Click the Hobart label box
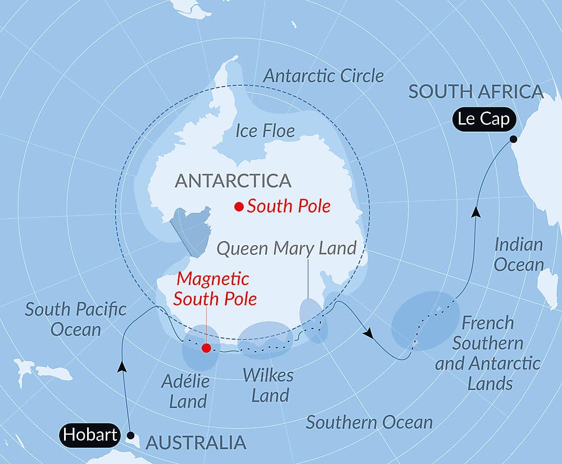pyautogui.click(x=90, y=435)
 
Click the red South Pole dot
pyautogui.click(x=239, y=207)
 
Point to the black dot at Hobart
pyautogui.click(x=130, y=435)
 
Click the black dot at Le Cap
pyautogui.click(x=513, y=139)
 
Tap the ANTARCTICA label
pyautogui.click(x=233, y=181)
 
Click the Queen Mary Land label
pyautogui.click(x=287, y=248)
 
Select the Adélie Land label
pyautogui.click(x=185, y=391)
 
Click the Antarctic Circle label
pyautogui.click(x=324, y=76)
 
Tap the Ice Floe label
pyautogui.click(x=265, y=132)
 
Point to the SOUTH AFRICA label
pyautogui.click(x=476, y=92)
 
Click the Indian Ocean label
pyautogui.click(x=519, y=254)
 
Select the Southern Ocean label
pyautogui.click(x=369, y=422)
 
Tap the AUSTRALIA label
pyautogui.click(x=196, y=443)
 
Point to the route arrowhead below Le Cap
pyautogui.click(x=475, y=212)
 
